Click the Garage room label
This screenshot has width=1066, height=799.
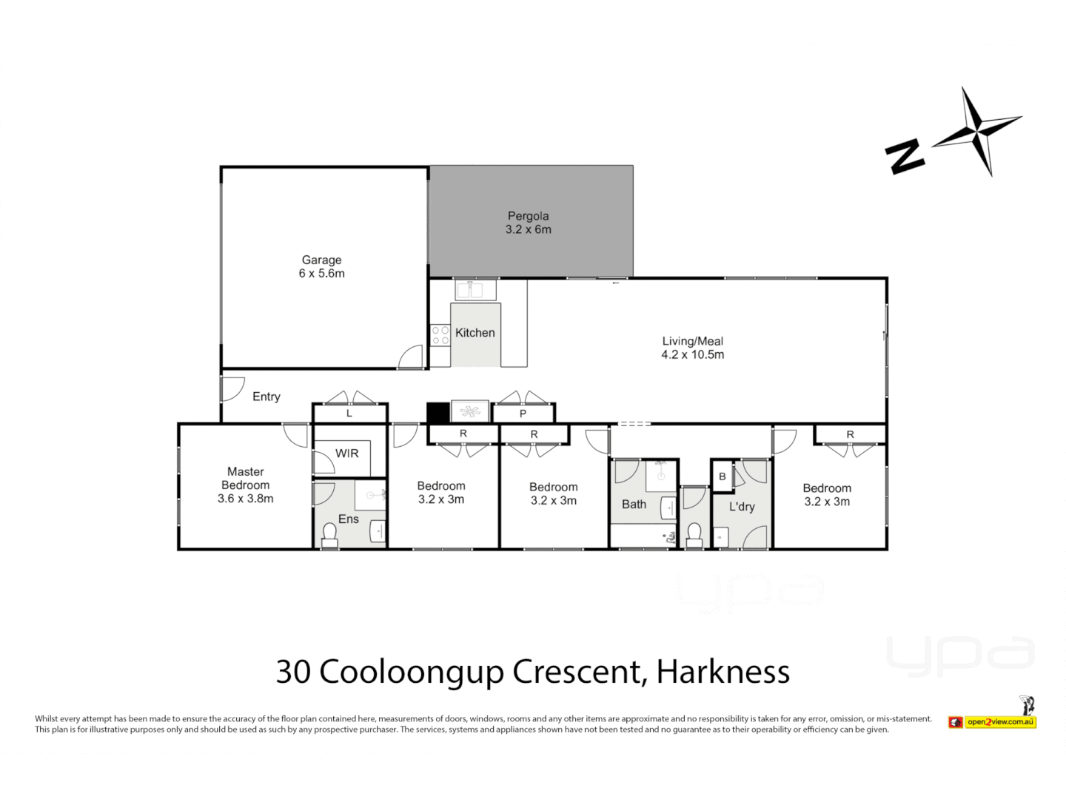(x=321, y=260)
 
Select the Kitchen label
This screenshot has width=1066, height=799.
(x=475, y=333)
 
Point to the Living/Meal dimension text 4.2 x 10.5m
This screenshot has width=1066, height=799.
(x=692, y=354)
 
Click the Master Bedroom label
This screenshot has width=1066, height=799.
(x=245, y=479)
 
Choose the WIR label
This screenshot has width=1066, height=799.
(x=346, y=454)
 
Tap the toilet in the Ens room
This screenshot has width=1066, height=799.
(x=329, y=536)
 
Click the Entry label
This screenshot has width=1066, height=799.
(x=266, y=397)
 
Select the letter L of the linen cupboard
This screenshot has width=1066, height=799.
(x=349, y=414)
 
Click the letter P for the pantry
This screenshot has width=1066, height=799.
(x=523, y=414)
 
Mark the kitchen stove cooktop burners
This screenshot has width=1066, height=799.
(x=440, y=335)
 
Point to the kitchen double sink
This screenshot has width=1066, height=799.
(x=475, y=289)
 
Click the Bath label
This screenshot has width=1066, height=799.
(x=634, y=505)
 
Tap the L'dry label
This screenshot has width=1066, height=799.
(x=741, y=507)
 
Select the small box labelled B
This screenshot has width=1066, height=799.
(x=722, y=476)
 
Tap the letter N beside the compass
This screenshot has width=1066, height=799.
(x=905, y=156)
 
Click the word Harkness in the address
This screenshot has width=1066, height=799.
(x=723, y=672)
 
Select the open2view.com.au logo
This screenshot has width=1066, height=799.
(x=992, y=721)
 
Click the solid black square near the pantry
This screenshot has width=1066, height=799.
(x=438, y=412)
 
